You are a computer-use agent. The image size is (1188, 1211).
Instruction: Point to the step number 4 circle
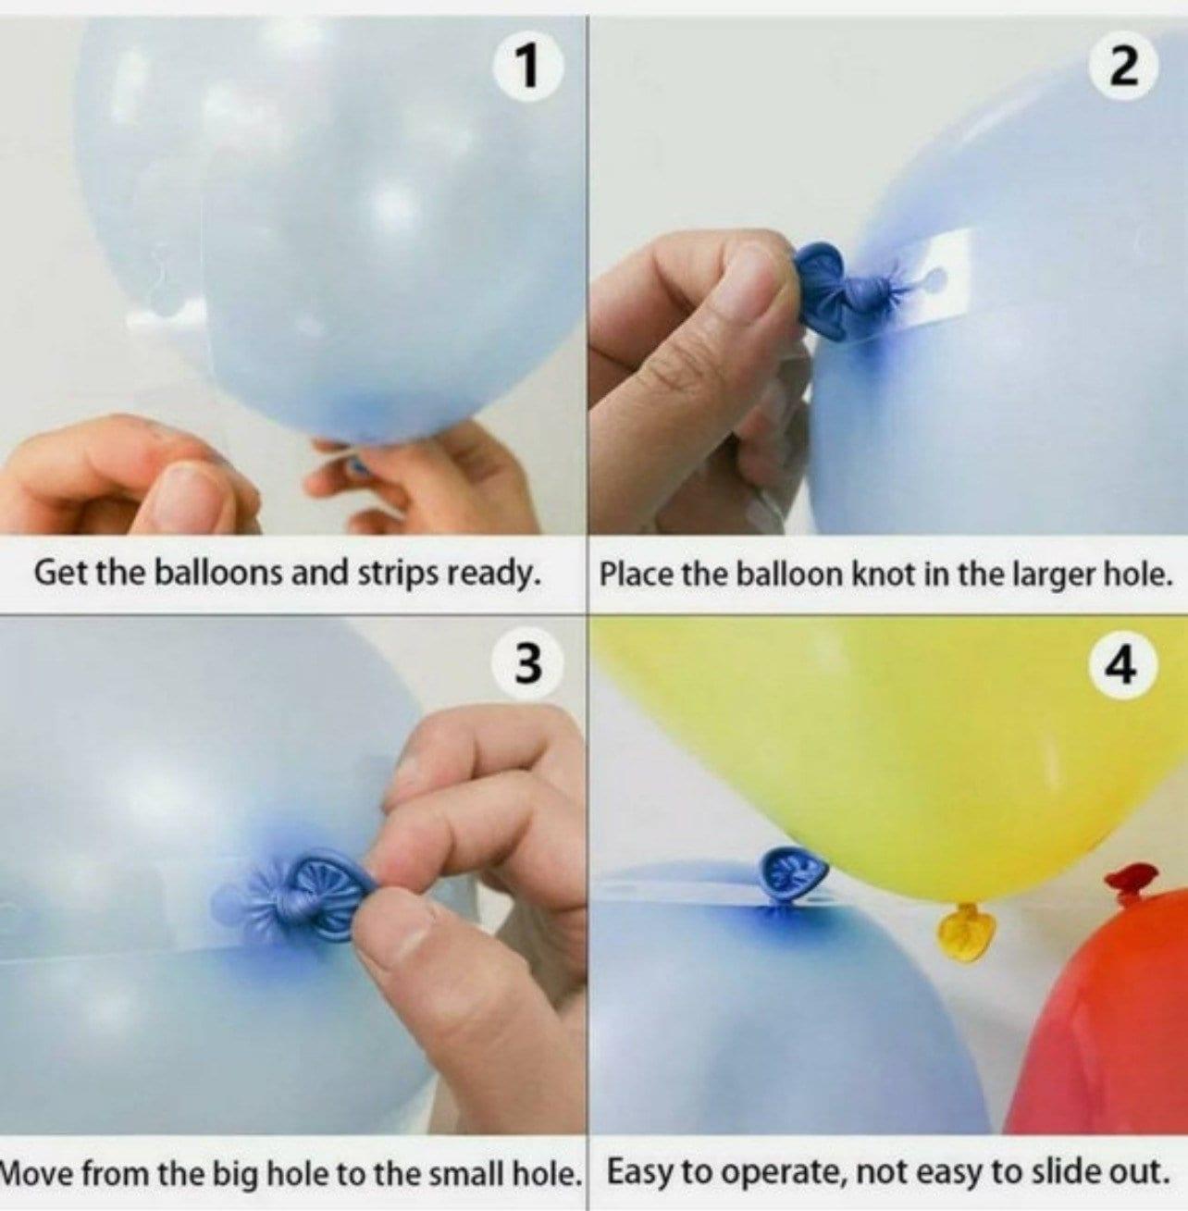[x=1124, y=665]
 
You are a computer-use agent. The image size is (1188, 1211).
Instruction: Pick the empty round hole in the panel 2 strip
[x=934, y=278]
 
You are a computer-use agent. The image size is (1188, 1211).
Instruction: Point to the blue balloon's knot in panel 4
[x=793, y=874]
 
